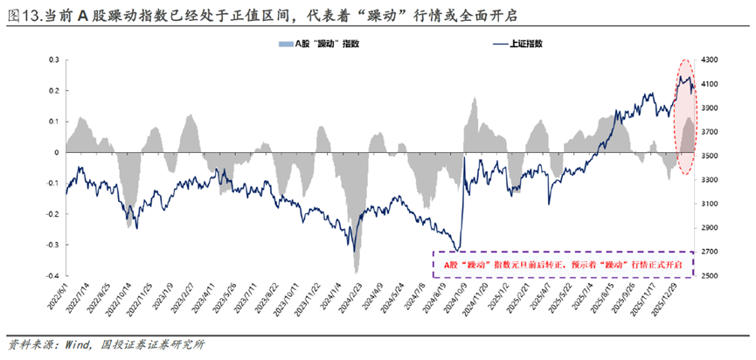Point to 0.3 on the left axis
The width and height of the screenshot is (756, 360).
52,60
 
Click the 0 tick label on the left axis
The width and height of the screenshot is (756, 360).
55,152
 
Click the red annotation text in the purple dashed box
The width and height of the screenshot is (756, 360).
563,263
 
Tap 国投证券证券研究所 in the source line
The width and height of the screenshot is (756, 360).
152,343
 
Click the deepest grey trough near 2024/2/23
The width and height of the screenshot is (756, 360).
355,271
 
